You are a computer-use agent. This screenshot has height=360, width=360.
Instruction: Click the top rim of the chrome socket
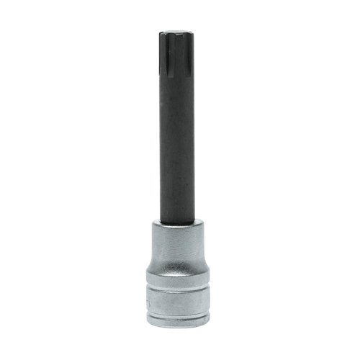pos(176,224)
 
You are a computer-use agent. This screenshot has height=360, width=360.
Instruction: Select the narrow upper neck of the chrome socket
pos(176,241)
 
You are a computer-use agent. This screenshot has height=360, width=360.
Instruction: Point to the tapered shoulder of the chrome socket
pos(176,263)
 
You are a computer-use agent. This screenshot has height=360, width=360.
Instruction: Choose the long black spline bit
pos(176,122)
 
